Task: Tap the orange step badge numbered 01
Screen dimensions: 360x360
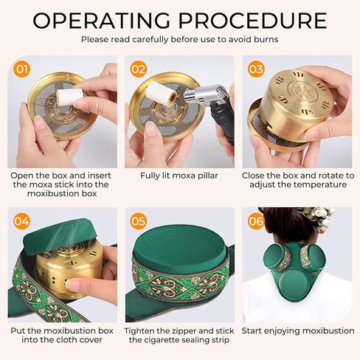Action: pos(23,69)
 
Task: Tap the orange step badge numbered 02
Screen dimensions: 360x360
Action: pos(138,69)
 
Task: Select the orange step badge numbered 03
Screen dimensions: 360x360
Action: pos(255,69)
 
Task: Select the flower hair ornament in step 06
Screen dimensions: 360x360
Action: pos(316,218)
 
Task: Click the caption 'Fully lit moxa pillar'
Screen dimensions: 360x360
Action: pos(179,176)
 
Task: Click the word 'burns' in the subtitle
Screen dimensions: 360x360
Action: pos(264,38)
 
